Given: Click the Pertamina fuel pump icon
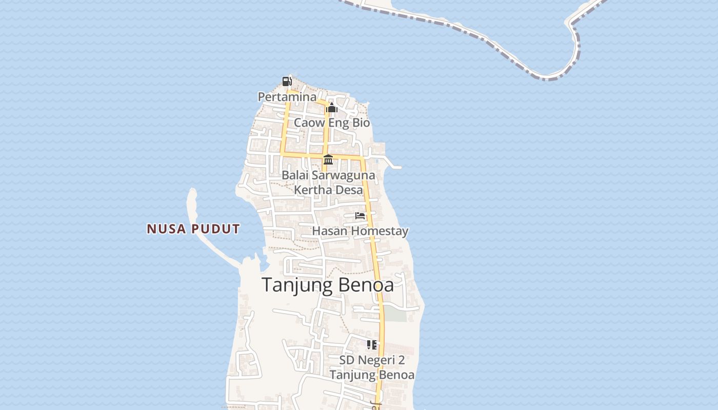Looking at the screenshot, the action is (287, 81).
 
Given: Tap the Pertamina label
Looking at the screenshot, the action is (287, 97).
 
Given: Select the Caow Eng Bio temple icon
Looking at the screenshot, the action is (332, 108).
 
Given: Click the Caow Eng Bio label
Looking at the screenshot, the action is (332, 123).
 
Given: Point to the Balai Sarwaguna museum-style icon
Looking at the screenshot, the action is (328, 160).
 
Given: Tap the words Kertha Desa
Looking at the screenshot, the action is (328, 190).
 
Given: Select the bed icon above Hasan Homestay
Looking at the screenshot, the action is (360, 216).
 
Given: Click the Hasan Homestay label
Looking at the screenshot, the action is (360, 231).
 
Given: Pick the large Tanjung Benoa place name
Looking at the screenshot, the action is (328, 285).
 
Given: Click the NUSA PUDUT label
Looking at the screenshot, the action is (193, 229).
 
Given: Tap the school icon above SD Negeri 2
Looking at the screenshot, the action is (372, 345).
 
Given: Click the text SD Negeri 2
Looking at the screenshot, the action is (372, 360).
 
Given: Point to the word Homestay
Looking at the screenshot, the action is (382, 231).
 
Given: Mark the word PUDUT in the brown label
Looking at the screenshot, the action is (216, 229).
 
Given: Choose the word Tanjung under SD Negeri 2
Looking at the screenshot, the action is (350, 375).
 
